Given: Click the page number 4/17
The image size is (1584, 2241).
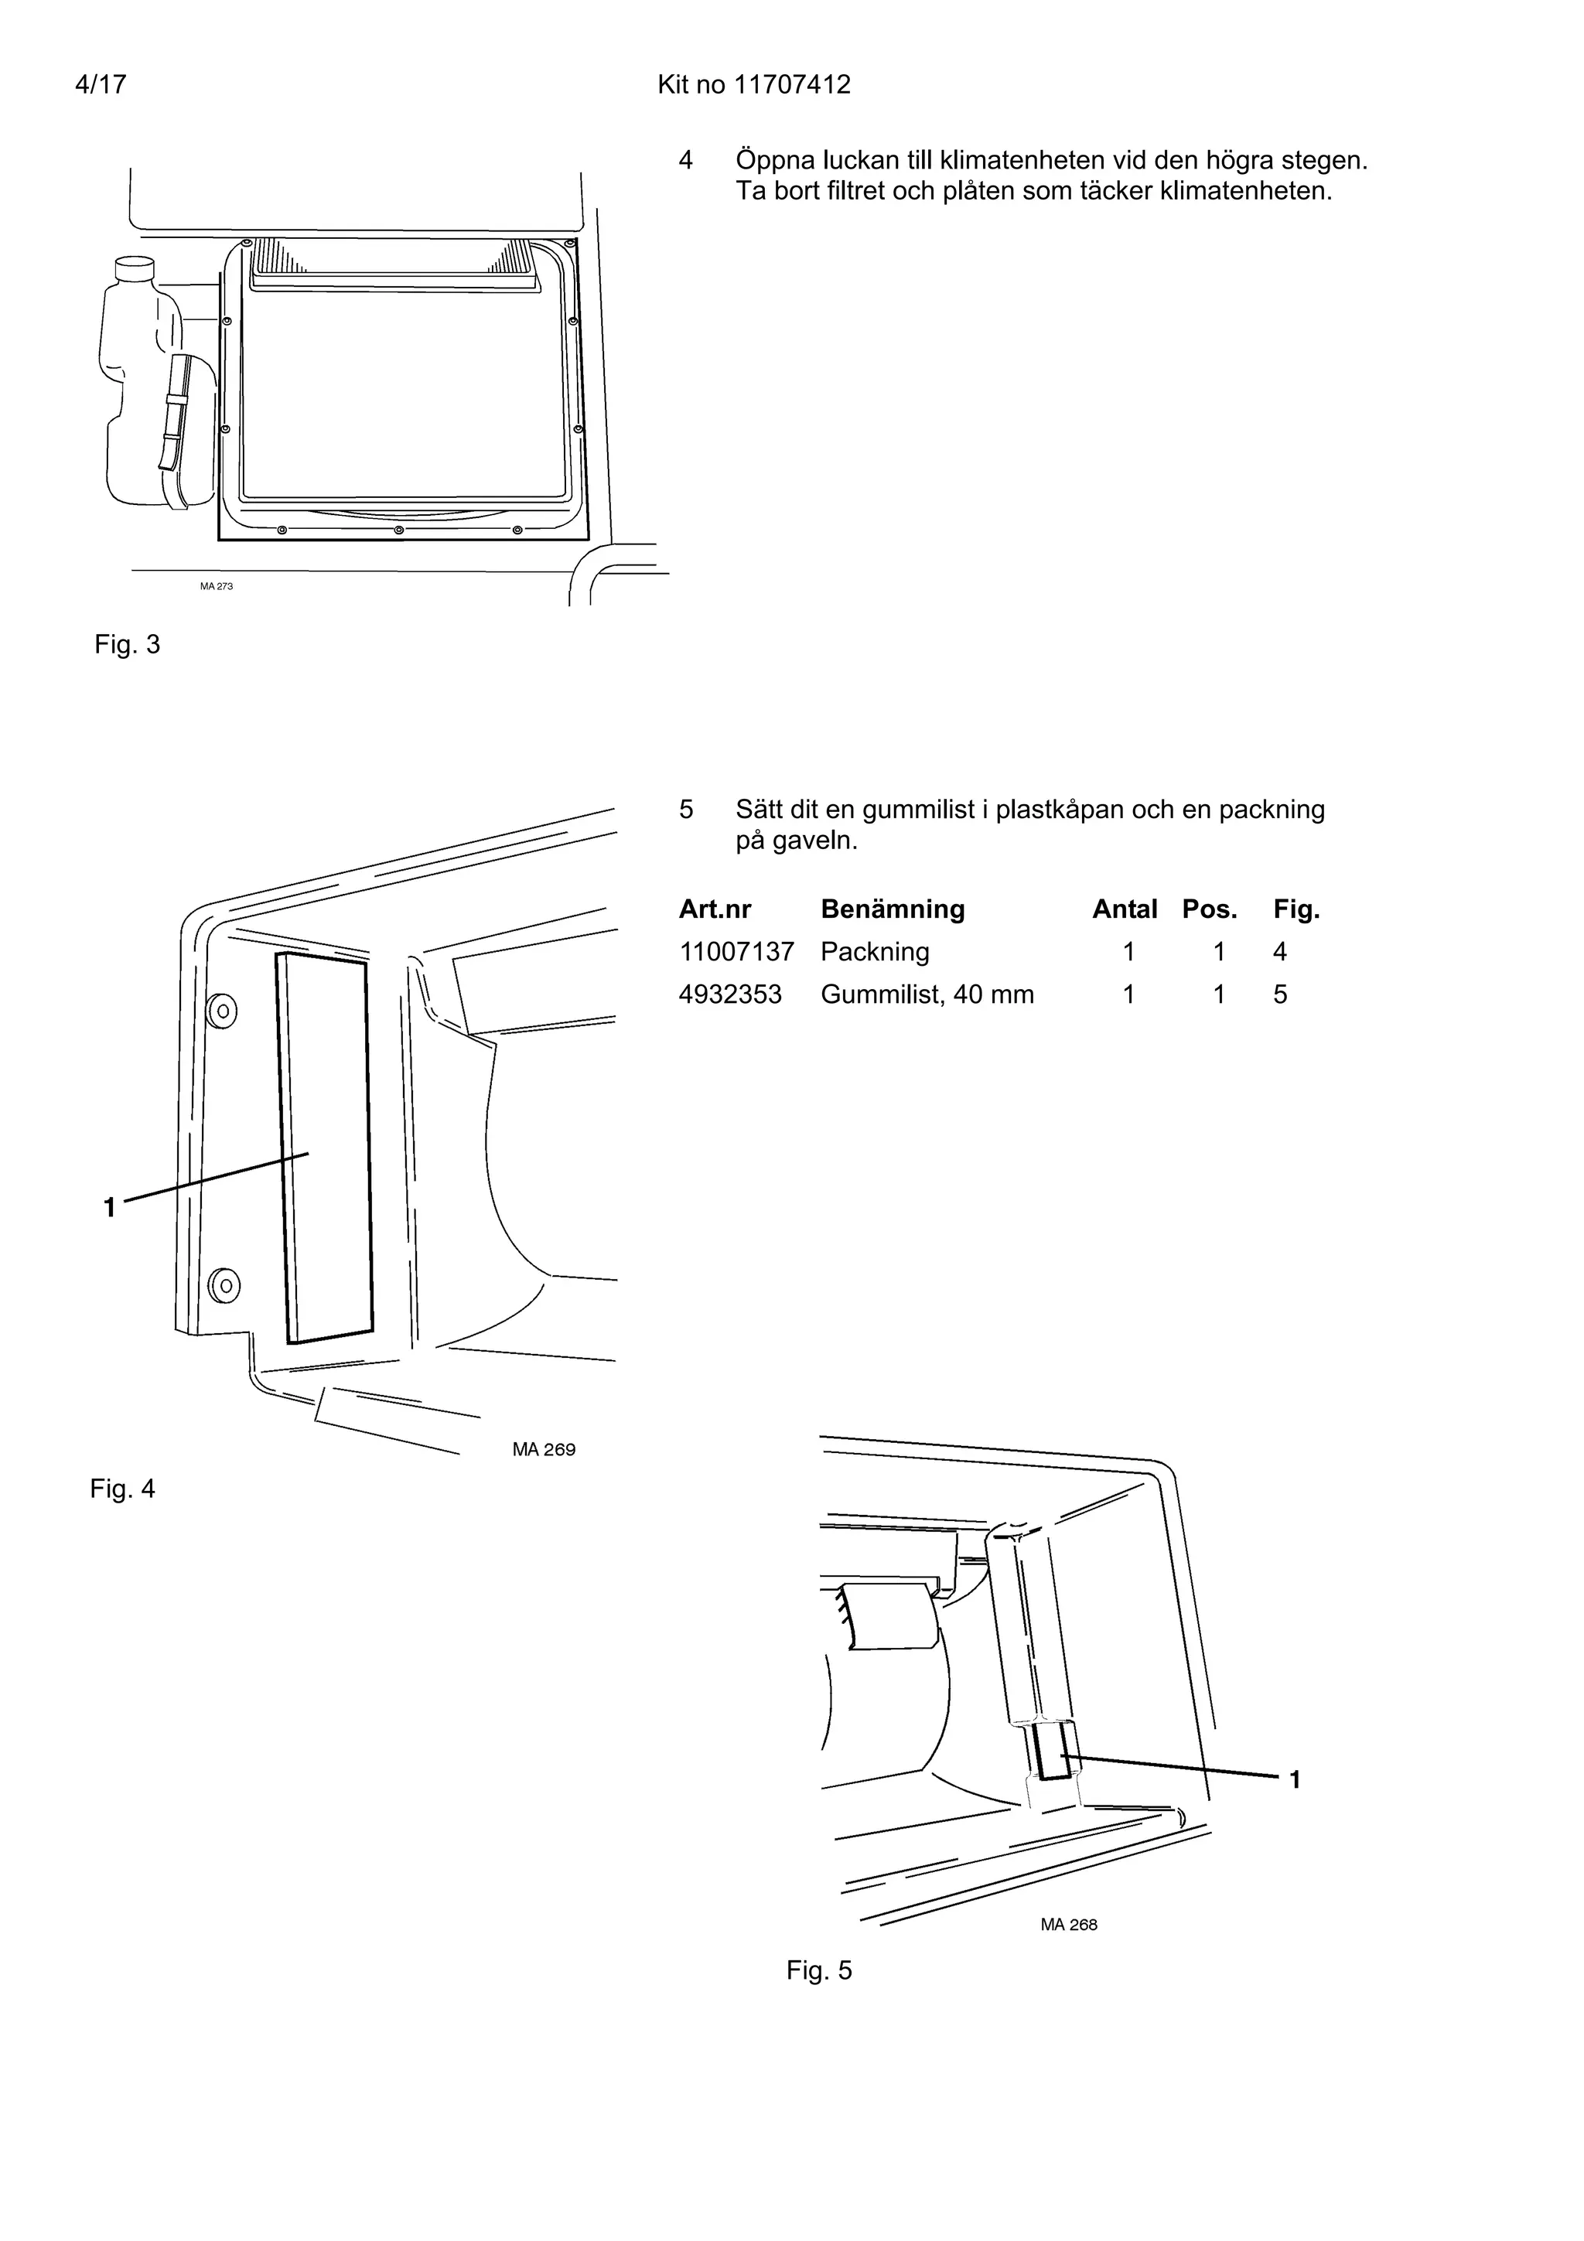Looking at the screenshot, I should click(101, 85).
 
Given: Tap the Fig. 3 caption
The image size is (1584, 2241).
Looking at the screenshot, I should click(127, 644).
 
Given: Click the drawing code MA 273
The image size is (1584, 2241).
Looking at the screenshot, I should click(217, 587).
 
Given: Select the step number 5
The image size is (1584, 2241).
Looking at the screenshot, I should click(686, 809).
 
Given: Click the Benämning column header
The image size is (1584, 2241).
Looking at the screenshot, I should click(892, 909).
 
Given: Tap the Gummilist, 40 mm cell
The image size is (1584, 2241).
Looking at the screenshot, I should click(927, 994).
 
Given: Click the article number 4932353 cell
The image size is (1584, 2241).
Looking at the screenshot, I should click(730, 994).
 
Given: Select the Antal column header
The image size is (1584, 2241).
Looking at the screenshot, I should click(1125, 909).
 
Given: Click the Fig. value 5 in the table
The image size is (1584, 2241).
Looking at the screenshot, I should click(1279, 994).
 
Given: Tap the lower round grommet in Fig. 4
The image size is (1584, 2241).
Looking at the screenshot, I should click(224, 1284).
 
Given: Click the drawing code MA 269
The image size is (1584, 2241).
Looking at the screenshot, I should click(544, 1449).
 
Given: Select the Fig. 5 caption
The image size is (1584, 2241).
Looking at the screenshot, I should click(819, 1970).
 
